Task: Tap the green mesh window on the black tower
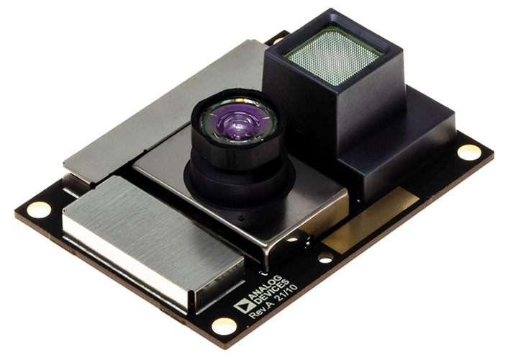click(x=334, y=55)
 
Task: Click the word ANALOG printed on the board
click(x=265, y=287)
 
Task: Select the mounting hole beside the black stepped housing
click(x=470, y=153)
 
